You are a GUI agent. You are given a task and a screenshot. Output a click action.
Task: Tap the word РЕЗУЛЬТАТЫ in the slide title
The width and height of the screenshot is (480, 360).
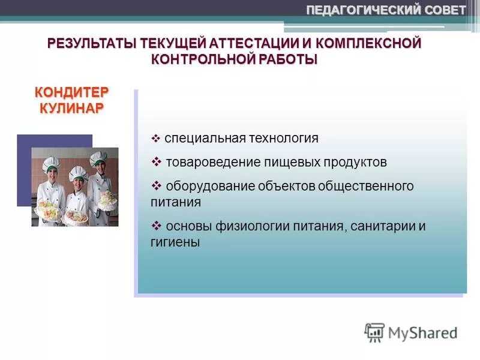(92, 44)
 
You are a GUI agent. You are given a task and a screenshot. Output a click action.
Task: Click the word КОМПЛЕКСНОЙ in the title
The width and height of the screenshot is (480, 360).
(370, 44)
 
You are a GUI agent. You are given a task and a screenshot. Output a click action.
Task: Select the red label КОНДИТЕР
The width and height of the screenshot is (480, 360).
(71, 93)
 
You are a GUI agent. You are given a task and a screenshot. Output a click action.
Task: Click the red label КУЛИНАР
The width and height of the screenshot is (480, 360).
(71, 108)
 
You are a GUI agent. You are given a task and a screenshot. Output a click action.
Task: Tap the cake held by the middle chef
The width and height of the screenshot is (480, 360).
(76, 213)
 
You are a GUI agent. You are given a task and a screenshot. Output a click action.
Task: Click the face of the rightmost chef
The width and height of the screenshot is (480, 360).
(97, 168)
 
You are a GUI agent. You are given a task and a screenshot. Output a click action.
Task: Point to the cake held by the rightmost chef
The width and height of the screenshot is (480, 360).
(107, 199)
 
